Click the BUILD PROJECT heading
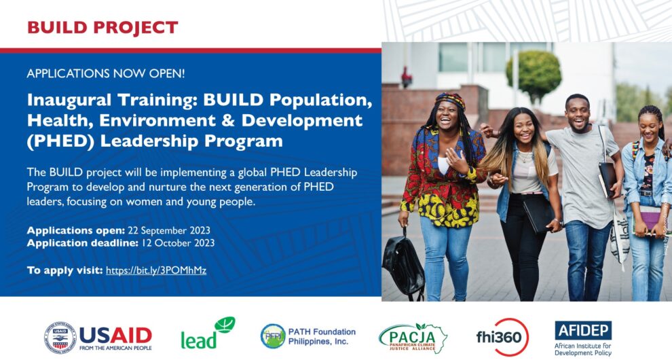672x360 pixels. coord(102,28)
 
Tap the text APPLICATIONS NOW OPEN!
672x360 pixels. coord(105,73)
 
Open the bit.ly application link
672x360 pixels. coord(156,270)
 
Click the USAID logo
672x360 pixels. coord(98,336)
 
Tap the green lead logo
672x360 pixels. coord(207,334)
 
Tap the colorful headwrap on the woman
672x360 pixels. coord(450,101)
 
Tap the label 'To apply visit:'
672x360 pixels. coord(64,270)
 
